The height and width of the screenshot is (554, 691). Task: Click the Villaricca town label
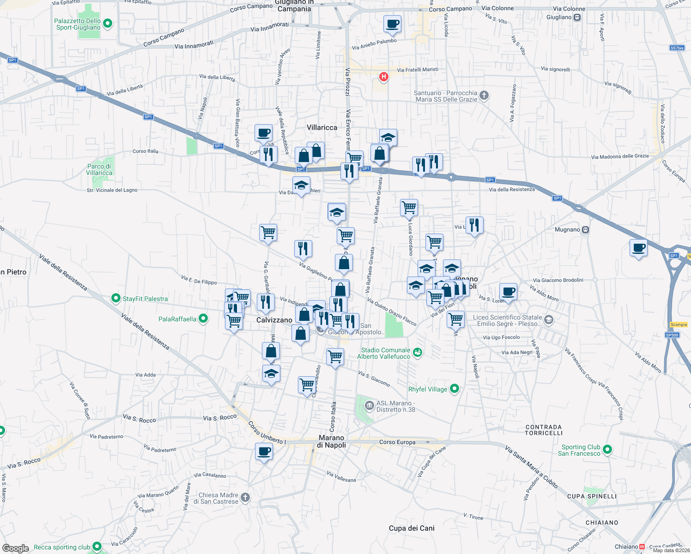322,127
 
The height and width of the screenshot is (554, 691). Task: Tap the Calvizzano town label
274,320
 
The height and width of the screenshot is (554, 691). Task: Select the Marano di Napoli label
332,441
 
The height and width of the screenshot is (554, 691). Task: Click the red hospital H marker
383,77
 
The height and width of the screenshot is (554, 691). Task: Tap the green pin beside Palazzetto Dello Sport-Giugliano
108,23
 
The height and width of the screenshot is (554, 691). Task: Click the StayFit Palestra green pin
116,299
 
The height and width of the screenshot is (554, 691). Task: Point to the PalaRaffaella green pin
203,319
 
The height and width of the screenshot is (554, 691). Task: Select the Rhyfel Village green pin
455,389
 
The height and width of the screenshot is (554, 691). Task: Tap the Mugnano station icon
586,229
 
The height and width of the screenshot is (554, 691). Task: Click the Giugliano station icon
577,18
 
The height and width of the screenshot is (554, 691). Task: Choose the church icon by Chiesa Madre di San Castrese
245,497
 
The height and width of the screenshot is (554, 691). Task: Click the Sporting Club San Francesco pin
607,449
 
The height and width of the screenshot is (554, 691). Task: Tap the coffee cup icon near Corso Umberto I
264,451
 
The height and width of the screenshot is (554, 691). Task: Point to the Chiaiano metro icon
642,547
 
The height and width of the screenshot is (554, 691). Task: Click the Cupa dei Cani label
412,528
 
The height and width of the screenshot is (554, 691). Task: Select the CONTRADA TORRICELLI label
544,430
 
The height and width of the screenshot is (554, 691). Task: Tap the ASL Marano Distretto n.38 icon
369,406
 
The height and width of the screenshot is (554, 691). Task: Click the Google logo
16,548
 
